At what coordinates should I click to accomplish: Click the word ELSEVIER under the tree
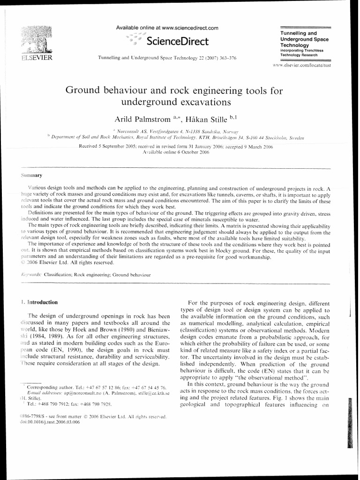(35, 58)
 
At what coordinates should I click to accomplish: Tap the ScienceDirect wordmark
(177, 42)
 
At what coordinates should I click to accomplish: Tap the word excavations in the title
(205, 101)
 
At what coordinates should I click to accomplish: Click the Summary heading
(31, 176)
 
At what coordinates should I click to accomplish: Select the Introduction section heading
(42, 302)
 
